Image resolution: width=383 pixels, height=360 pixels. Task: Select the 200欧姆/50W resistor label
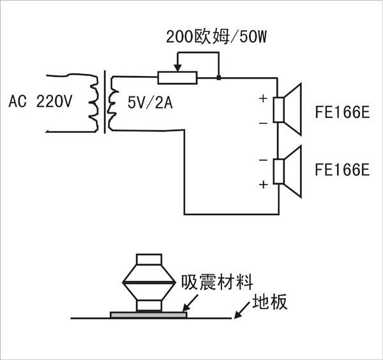point(206,38)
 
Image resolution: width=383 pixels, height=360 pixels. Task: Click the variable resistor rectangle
point(178,78)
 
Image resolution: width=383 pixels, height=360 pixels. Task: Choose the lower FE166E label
point(343,170)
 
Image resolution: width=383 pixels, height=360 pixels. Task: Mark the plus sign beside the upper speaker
point(262,99)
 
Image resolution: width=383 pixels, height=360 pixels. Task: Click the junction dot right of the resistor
point(218,78)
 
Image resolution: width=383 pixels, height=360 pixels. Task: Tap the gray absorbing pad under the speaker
point(149,314)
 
